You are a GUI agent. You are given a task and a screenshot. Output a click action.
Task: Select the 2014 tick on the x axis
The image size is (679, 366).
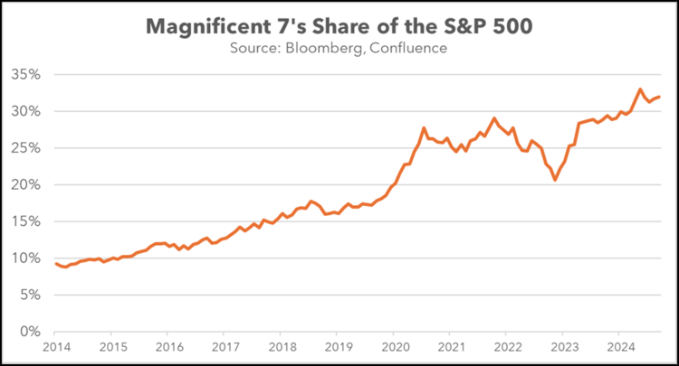tap(56, 347)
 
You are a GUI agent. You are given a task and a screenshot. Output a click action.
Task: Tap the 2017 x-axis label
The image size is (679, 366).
tap(225, 347)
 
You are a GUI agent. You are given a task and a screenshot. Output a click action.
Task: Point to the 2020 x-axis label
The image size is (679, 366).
tap(395, 347)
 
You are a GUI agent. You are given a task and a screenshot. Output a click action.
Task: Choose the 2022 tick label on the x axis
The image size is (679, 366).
tap(508, 347)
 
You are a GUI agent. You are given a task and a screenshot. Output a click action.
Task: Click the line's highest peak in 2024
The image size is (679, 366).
tap(640, 89)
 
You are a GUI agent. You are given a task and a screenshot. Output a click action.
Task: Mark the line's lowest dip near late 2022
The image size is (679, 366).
tap(555, 180)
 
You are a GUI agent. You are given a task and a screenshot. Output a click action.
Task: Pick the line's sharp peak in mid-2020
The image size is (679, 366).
tap(424, 128)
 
